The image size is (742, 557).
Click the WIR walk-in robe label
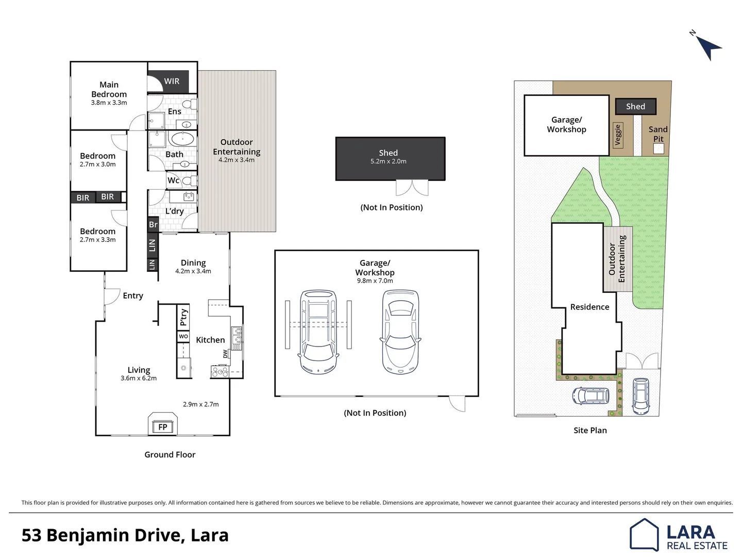(172, 81)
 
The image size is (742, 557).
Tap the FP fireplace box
(163, 427)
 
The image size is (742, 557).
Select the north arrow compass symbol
(708, 47)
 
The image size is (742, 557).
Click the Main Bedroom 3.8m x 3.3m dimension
(109, 103)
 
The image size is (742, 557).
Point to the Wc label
(173, 181)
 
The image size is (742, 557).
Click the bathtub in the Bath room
(183, 139)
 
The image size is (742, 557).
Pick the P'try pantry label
(183, 317)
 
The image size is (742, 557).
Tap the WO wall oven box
(183, 336)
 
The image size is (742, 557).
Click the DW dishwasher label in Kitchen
(225, 354)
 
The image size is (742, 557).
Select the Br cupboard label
(153, 224)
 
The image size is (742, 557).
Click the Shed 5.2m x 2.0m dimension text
(389, 161)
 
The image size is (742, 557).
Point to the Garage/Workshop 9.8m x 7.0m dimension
(375, 281)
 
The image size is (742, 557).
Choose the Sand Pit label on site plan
(658, 134)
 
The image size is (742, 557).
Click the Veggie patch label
(618, 135)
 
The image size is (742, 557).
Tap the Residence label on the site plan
(589, 307)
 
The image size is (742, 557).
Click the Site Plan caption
(590, 430)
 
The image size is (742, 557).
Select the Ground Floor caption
(170, 454)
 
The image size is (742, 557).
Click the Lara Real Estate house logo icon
(644, 535)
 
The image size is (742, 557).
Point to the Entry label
(133, 296)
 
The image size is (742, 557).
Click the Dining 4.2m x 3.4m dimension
(193, 271)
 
